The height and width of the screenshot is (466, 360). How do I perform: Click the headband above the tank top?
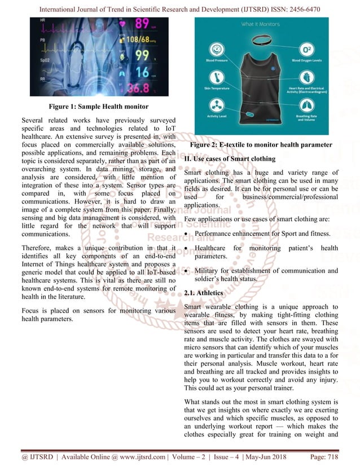pos(261,41)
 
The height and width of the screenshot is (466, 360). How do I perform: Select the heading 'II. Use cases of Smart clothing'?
pos(230,159)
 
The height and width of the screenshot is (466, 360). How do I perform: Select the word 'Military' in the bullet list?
pos(209,271)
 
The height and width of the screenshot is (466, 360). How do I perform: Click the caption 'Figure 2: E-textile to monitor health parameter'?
pos(261,145)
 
